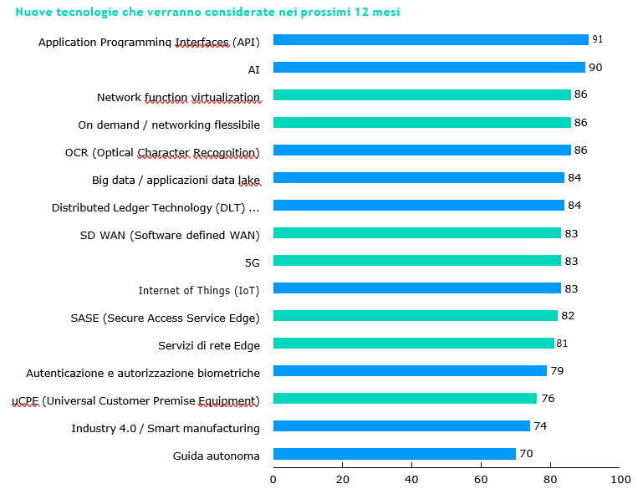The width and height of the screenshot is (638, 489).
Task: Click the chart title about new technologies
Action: click(x=202, y=13)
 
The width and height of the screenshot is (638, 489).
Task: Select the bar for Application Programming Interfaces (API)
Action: click(x=431, y=40)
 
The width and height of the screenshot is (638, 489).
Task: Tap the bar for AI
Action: click(x=429, y=68)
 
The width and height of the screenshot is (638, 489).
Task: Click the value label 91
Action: click(x=597, y=39)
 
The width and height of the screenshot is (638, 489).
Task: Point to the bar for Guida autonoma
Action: click(x=395, y=454)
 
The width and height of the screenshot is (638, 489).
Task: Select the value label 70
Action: click(x=526, y=454)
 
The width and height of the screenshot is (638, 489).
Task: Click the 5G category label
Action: click(x=252, y=262)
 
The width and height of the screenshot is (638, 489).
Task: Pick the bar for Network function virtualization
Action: click(x=422, y=95)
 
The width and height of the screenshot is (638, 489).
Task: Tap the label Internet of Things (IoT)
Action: click(x=199, y=290)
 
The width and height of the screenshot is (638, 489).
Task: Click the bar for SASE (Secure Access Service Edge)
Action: click(x=416, y=316)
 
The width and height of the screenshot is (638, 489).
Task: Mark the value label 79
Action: click(x=557, y=370)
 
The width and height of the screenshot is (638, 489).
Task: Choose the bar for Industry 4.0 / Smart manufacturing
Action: click(x=401, y=426)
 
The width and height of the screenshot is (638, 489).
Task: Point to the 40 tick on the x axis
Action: click(x=411, y=479)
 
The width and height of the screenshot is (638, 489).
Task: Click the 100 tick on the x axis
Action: click(x=620, y=479)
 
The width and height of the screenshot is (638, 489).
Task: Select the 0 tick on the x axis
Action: click(x=273, y=479)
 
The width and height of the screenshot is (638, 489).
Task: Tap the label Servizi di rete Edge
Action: click(x=209, y=345)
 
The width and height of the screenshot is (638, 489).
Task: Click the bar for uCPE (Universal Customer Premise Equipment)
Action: click(x=405, y=399)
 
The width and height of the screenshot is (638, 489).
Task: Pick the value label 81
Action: click(x=563, y=343)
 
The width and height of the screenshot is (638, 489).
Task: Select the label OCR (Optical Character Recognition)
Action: click(x=162, y=152)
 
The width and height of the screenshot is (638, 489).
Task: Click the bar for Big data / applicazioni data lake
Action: click(x=419, y=178)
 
